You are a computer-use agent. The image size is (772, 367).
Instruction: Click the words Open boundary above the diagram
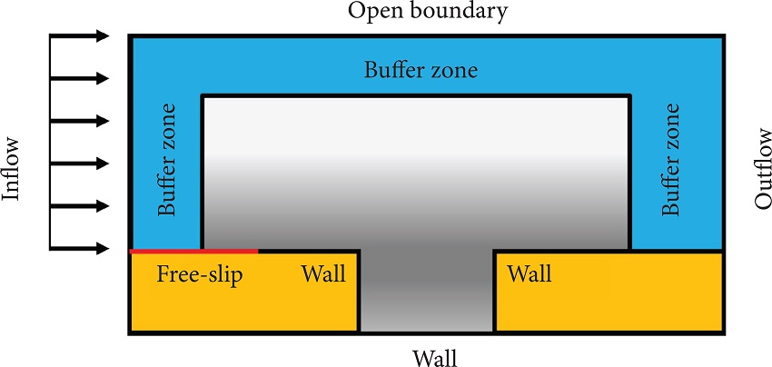coord(428,13)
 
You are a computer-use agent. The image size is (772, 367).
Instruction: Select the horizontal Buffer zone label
coord(421,70)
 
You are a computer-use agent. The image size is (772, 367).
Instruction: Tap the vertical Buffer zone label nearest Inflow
coord(167,160)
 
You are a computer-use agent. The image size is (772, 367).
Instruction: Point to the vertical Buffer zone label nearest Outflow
coord(670,160)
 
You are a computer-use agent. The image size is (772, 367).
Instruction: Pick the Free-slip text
coord(200,274)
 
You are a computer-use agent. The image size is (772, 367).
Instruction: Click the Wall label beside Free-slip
coord(323,274)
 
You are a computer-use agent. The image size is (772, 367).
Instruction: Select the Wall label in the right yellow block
coord(530,273)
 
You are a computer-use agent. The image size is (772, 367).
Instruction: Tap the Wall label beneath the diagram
coord(428,355)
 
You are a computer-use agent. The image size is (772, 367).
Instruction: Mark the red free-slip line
coord(194,250)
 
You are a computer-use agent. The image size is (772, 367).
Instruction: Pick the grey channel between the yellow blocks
coord(427,291)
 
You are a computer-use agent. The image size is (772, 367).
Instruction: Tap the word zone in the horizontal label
coord(454,70)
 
